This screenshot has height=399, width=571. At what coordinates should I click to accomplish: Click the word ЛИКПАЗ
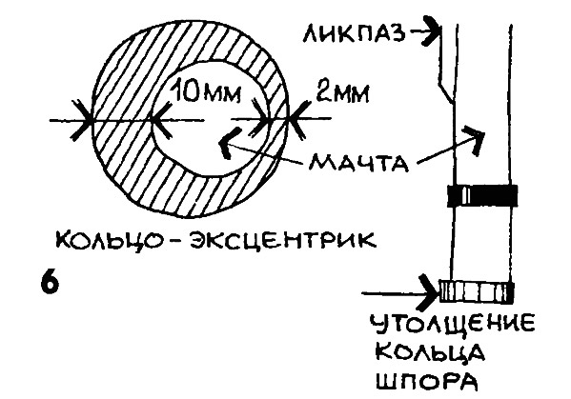click(355, 33)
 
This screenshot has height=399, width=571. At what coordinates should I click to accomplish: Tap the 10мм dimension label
click(205, 92)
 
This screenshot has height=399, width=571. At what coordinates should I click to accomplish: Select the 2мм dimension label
click(341, 93)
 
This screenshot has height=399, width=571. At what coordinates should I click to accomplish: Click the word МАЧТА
click(358, 162)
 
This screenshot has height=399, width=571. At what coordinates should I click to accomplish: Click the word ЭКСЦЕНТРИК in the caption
click(282, 239)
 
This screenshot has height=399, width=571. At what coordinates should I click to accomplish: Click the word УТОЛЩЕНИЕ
click(453, 324)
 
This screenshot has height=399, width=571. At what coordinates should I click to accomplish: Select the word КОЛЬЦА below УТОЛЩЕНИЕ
click(429, 353)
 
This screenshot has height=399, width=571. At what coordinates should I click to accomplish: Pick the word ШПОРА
click(426, 381)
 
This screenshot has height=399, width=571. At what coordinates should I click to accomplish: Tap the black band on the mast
click(482, 195)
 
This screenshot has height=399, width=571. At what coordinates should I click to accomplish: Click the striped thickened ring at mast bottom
click(477, 291)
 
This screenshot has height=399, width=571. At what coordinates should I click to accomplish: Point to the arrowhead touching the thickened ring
click(429, 291)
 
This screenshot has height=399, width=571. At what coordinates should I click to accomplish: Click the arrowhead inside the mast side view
click(475, 138)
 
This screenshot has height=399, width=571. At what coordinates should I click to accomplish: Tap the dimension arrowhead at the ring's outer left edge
click(82, 120)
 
